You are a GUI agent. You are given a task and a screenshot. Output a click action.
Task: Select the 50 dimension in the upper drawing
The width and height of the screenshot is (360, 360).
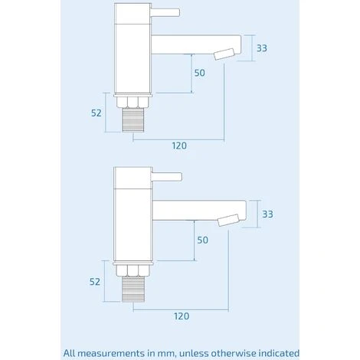[200, 73]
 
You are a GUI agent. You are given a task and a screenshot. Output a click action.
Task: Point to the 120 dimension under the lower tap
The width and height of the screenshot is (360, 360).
[181, 315]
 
